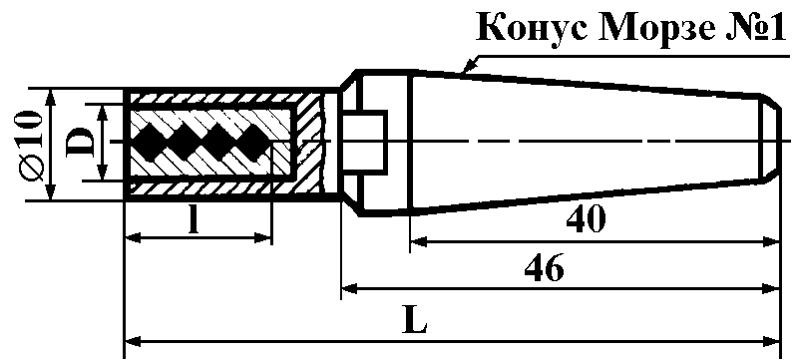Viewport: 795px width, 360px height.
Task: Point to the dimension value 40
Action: (586, 219)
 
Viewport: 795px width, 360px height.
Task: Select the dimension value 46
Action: (544, 268)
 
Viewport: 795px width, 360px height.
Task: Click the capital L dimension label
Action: (414, 319)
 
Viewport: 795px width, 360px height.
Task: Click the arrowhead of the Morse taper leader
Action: (469, 66)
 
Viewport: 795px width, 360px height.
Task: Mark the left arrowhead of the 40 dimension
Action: (419, 242)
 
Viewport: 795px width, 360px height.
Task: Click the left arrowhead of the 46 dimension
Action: (351, 289)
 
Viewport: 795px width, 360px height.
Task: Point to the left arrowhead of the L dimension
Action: (134, 341)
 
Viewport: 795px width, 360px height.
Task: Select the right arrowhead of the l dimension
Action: (262, 237)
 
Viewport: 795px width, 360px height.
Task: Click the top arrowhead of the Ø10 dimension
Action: (50, 99)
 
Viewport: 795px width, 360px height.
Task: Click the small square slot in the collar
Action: (364, 141)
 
